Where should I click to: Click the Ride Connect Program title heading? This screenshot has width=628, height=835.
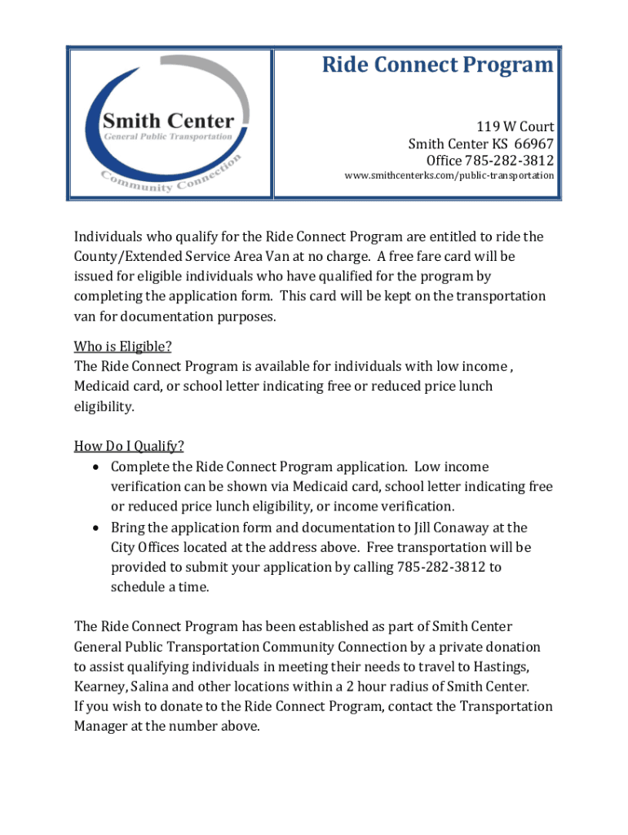tap(437, 64)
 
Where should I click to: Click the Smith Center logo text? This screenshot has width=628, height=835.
tap(168, 121)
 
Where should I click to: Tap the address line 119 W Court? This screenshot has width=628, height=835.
tap(515, 126)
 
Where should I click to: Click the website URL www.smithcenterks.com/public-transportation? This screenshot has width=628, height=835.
tap(449, 175)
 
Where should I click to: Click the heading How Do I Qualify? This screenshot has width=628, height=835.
tap(129, 446)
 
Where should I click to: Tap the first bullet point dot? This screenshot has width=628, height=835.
tap(95, 467)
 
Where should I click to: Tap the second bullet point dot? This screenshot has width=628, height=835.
tap(95, 528)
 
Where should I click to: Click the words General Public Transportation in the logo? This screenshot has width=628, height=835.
tap(168, 137)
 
